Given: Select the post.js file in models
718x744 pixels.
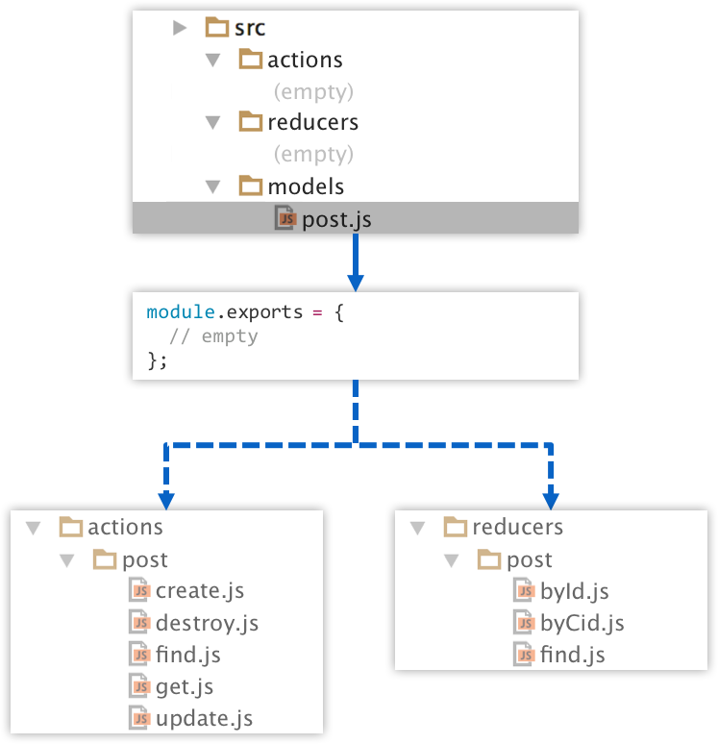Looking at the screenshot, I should coord(335,219).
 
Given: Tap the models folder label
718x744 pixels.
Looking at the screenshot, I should coord(306,186).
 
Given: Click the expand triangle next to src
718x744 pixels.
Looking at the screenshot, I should coord(180,28).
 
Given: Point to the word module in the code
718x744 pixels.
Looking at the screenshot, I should coord(176,312).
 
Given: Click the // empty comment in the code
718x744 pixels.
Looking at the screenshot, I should coord(213,336).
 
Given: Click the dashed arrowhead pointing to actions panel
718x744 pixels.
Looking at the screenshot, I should coord(166,500).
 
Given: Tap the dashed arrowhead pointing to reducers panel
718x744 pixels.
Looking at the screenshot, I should coord(551,500).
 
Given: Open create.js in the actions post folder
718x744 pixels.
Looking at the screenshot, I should coord(199,590).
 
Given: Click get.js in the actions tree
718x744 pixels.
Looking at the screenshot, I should coord(184,686).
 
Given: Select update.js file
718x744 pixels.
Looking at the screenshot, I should coord(204,719).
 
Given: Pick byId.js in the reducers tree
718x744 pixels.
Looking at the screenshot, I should coord(574,591).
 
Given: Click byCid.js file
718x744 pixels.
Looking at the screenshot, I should coord(582,623).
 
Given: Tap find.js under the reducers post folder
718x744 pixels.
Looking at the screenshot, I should coord(572,656).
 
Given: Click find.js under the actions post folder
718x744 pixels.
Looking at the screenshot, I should coord(187,656).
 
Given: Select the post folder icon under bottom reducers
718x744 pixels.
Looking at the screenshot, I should coord(490,559).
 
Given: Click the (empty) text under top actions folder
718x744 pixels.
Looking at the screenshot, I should coord(313,91).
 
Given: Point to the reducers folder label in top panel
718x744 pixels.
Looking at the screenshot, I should coord(312,123).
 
